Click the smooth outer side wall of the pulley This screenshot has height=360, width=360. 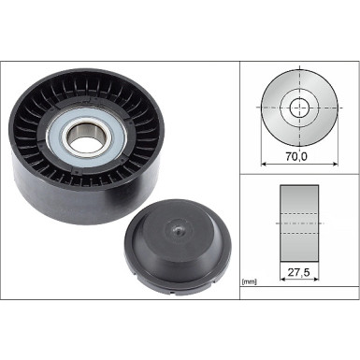[56, 201]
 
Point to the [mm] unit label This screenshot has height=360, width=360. [250, 281]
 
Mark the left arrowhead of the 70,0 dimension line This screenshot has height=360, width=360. [262, 166]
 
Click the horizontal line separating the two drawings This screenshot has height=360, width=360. [299, 175]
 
